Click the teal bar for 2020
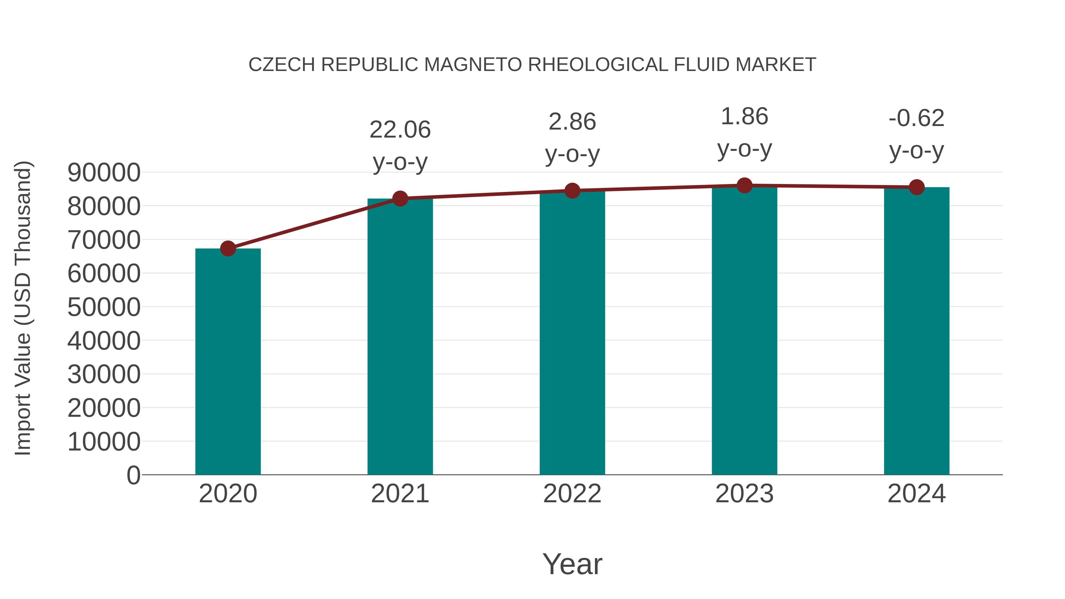click(228, 362)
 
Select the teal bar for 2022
click(572, 333)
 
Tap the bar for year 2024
click(916, 331)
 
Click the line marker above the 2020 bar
click(228, 248)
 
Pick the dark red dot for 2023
click(744, 185)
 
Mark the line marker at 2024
click(916, 187)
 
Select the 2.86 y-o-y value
click(572, 122)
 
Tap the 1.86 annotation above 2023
click(744, 117)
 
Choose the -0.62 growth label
click(916, 118)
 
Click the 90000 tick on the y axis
click(104, 172)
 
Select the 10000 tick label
click(104, 442)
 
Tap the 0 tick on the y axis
click(133, 475)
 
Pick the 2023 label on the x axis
click(744, 494)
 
